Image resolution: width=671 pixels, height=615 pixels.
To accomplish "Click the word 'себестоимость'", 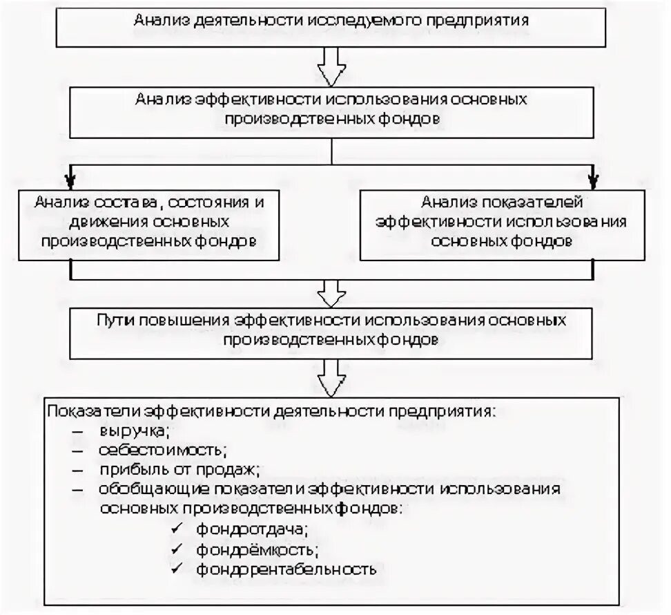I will pyautogui.click(x=162, y=451).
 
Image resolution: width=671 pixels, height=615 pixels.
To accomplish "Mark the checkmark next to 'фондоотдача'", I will pyautogui.click(x=177, y=529).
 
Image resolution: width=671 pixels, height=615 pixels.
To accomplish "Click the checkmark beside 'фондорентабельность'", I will pyautogui.click(x=177, y=569).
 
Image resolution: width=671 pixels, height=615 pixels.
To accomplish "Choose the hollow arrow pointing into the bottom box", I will pyautogui.click(x=331, y=378).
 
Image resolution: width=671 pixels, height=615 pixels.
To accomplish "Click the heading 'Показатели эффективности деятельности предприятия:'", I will pyautogui.click(x=272, y=410).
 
